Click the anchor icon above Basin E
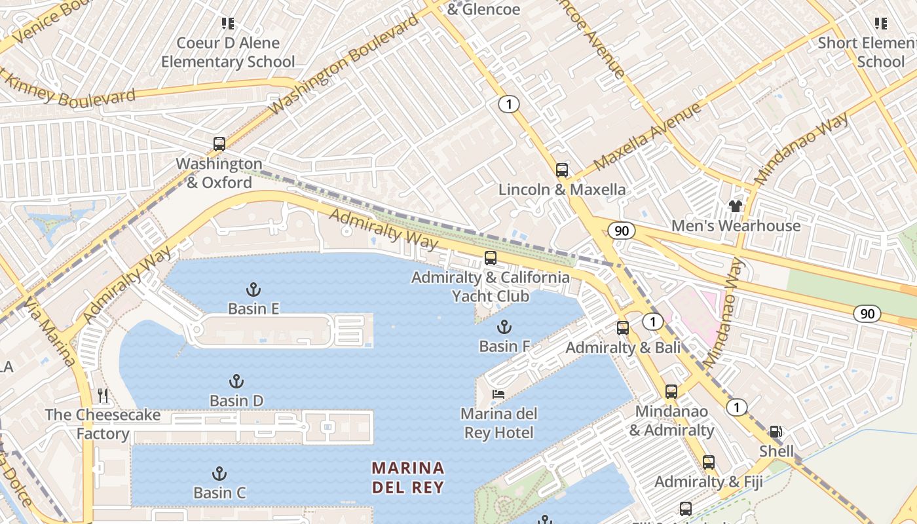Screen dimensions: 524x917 point(253,289)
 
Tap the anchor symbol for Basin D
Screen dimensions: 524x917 point(236,381)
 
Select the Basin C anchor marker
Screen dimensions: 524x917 point(219,474)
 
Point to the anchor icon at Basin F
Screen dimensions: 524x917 point(504,327)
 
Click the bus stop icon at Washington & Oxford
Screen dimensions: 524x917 point(219,144)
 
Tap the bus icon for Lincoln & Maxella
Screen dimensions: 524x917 point(561,170)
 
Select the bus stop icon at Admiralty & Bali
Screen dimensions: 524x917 point(623,328)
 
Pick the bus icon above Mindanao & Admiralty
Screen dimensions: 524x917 point(671,392)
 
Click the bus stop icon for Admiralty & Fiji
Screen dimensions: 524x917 point(709,462)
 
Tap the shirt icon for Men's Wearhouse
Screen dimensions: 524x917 point(736,206)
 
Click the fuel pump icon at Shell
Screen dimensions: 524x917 point(776,432)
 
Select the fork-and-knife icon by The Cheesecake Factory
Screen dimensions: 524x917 point(103,396)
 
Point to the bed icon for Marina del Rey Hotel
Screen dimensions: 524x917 point(498,394)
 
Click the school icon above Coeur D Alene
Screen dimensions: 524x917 point(228,24)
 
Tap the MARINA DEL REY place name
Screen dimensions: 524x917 point(408,477)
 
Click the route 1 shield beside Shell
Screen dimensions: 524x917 point(736,407)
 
